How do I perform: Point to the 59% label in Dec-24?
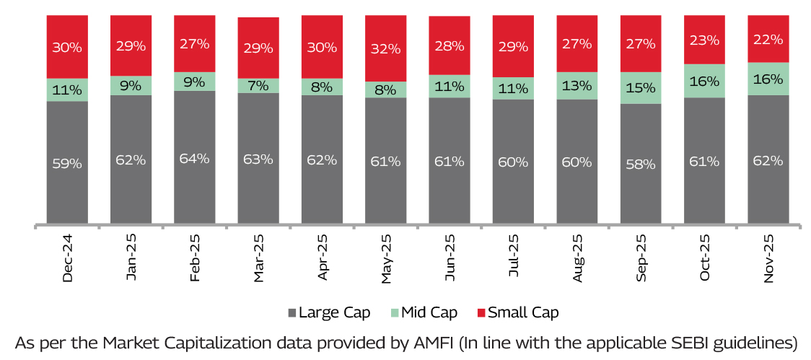(x=67, y=163)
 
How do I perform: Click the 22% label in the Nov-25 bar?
(x=768, y=40)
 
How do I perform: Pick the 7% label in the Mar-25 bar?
(x=258, y=86)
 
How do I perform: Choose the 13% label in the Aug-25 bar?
(x=577, y=85)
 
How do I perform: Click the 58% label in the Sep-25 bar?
(x=640, y=164)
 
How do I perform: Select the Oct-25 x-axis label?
(x=705, y=258)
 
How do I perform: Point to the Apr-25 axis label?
(x=323, y=258)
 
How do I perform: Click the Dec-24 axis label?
(x=68, y=258)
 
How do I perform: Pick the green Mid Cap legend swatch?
(x=395, y=313)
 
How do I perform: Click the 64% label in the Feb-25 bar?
(x=194, y=159)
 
